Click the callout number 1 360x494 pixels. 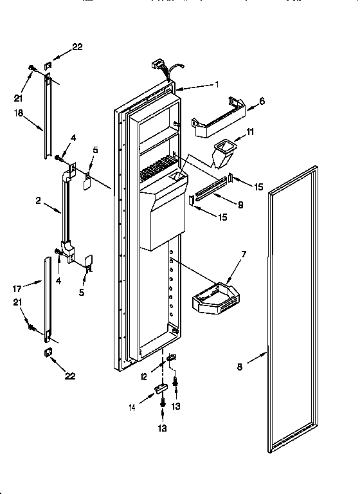point(217,84)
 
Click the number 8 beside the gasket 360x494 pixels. point(240,368)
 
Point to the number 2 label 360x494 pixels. point(38,201)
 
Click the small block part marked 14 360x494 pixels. point(160,389)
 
